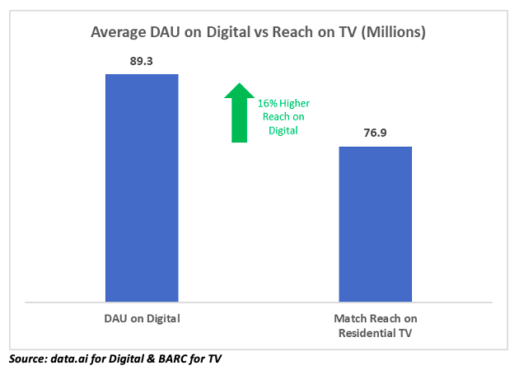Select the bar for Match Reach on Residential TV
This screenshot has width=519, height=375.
tap(376, 223)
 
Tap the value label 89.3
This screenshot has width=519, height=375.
tap(142, 62)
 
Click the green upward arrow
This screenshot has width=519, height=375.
tap(239, 112)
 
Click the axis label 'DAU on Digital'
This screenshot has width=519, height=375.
tap(142, 318)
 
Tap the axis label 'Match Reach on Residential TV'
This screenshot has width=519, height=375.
tap(376, 325)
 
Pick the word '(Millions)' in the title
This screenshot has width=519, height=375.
tap(392, 34)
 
